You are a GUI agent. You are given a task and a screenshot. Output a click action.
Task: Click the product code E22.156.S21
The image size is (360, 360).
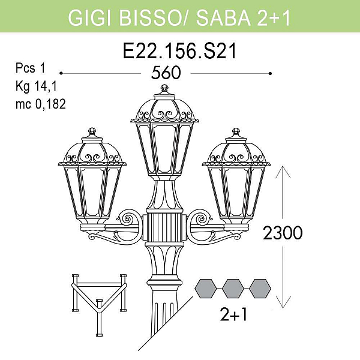click(179, 51)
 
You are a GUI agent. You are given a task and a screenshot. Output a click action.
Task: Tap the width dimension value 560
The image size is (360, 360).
click(166, 73)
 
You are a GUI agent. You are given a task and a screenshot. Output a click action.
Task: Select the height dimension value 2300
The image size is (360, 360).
click(283, 233)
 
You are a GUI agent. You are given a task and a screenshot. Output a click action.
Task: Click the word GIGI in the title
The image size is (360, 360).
click(90, 17)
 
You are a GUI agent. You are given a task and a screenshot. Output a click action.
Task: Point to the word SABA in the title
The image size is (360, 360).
click(223, 17)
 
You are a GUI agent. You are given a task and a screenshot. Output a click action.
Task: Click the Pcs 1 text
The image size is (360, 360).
click(31, 68)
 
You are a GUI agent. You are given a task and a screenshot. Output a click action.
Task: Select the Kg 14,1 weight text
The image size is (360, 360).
click(36, 86)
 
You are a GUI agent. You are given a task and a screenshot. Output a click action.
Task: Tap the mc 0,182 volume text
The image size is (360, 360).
click(41, 104)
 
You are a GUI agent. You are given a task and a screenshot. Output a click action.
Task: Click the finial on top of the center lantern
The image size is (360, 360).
click(164, 88)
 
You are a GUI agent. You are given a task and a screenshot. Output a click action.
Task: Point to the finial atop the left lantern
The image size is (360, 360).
click(92, 131)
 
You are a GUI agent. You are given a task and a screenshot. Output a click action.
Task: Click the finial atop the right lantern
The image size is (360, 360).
click(236, 132)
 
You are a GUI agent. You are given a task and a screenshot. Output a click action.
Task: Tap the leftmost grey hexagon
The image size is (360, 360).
click(206, 289)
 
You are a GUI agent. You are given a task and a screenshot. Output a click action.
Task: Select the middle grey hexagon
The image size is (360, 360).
click(233, 289)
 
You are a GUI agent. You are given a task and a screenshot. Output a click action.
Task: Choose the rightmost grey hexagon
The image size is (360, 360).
click(260, 289)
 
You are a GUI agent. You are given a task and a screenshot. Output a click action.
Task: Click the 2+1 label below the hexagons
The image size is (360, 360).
click(233, 314)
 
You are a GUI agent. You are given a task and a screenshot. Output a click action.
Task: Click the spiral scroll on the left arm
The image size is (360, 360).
click(127, 218)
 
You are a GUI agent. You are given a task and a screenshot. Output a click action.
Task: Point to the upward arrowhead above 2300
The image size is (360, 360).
click(283, 172)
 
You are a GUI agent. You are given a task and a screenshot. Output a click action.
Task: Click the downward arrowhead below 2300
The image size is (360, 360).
click(283, 302)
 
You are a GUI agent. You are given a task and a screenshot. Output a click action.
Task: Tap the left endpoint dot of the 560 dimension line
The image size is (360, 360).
click(61, 73)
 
